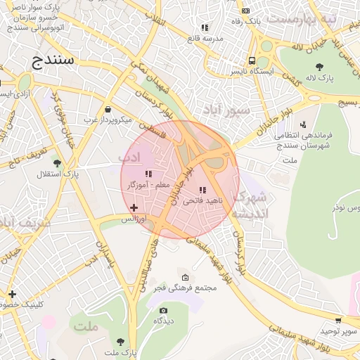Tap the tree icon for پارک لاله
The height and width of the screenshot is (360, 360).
point(320,67)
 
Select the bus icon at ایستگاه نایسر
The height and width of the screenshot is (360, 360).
point(252,60)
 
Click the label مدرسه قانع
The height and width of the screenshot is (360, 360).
point(205,38)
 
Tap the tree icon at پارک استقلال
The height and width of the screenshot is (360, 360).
point(57,162)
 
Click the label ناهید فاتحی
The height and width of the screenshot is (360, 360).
point(202,200)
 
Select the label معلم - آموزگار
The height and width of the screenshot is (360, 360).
point(148,184)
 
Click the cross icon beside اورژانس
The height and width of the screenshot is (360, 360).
point(134,207)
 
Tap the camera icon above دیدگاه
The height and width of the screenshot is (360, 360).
point(164,310)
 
